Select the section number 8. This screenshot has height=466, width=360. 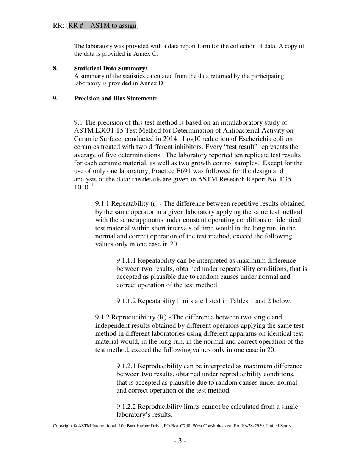[x=55, y=69]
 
